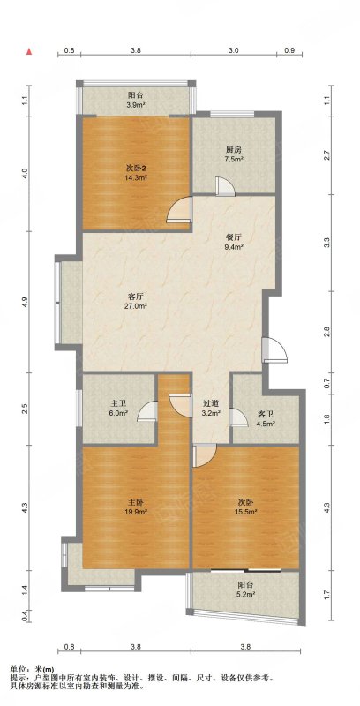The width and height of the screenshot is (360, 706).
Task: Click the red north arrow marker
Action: click(29, 51)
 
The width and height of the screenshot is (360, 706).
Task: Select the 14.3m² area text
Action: click(137, 178)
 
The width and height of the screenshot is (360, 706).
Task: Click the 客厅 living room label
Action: click(136, 297)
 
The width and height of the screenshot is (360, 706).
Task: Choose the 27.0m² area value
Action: click(137, 306)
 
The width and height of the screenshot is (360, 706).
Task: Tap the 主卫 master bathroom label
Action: click(117, 404)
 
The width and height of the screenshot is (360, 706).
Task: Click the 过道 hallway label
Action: click(211, 404)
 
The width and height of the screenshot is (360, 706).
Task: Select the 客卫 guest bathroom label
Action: click(265, 414)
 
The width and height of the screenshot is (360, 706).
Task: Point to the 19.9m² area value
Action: click(137, 512)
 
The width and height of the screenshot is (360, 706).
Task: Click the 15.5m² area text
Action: click(247, 512)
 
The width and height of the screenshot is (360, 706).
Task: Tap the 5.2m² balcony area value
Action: click(246, 594)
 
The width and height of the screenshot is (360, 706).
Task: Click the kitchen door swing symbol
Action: click(224, 187)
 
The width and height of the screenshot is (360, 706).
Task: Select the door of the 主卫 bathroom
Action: click(147, 410)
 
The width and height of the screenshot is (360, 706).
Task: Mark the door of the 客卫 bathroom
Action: click(238, 417)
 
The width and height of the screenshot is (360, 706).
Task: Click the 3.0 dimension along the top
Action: click(233, 51)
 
